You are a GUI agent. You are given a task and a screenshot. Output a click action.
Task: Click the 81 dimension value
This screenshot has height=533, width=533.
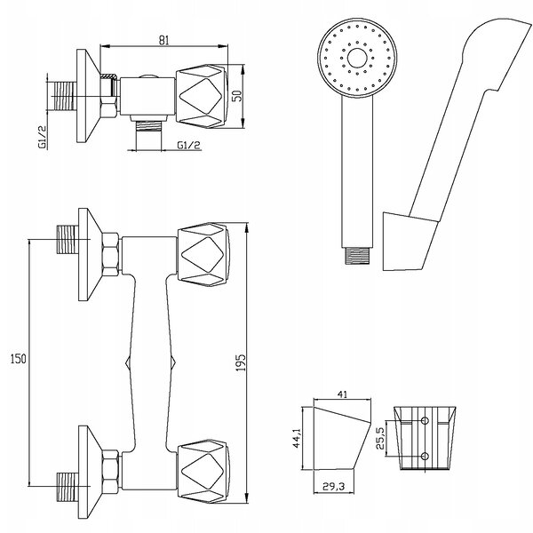(163, 40)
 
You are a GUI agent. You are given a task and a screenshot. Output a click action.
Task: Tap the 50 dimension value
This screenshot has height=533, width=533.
(237, 96)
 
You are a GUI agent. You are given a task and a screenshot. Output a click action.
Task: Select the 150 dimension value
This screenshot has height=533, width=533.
(18, 359)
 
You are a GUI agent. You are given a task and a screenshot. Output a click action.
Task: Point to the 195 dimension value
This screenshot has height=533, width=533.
(240, 362)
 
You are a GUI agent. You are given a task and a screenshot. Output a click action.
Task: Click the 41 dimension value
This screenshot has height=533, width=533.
(342, 394)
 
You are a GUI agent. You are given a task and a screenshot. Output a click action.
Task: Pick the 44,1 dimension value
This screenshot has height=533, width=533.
(297, 438)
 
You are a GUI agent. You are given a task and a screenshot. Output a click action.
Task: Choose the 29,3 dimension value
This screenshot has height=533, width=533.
(335, 487)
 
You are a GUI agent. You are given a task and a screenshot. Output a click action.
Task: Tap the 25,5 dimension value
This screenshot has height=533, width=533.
(381, 439)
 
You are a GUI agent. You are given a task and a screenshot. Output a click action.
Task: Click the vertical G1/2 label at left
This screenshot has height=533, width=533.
(42, 137)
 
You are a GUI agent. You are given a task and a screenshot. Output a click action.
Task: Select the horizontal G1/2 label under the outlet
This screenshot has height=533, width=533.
(188, 146)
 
